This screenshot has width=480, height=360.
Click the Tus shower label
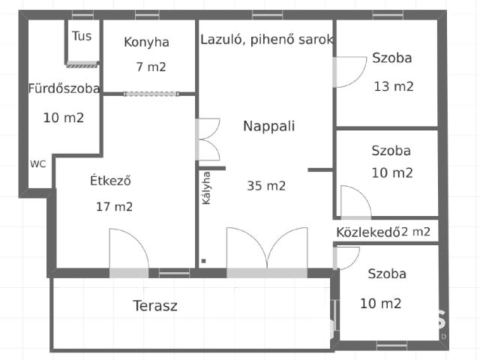tap(82, 35)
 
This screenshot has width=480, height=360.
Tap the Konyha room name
tap(146, 42)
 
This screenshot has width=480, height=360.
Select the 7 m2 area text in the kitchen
tap(151, 67)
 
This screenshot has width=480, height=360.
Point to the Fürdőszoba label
tap(64, 88)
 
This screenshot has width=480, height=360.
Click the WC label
tap(38, 163)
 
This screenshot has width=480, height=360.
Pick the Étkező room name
tap(111, 181)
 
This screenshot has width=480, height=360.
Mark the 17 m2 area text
tap(114, 207)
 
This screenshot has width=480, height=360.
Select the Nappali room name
tap(268, 126)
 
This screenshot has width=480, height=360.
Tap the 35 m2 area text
tap(266, 186)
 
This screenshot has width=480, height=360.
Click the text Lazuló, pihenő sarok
tap(266, 40)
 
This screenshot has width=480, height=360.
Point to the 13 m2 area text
tap(394, 86)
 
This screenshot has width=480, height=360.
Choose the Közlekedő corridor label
tap(366, 232)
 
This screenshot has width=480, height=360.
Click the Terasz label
tap(155, 306)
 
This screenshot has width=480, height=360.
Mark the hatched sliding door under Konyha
tap(151, 94)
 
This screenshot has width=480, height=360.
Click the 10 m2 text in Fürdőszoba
tap(64, 118)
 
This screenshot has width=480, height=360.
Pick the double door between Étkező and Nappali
tap(207, 139)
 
